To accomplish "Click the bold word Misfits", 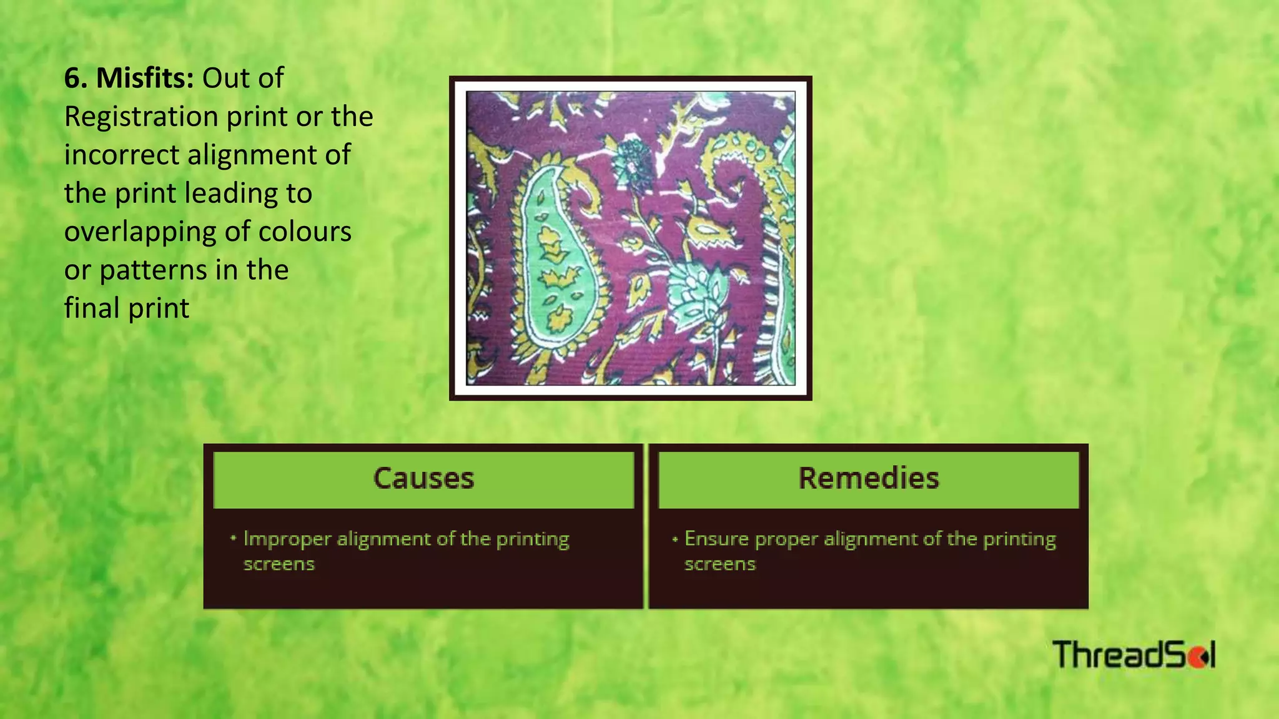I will click(x=144, y=79).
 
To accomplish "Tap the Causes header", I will click(x=423, y=479).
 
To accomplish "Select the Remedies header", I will click(x=868, y=479).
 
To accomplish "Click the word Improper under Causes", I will click(x=287, y=539).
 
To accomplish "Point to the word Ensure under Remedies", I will click(x=716, y=539).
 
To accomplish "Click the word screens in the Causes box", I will click(x=279, y=564).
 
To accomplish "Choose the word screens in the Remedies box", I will click(x=719, y=564).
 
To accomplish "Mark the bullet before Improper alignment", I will click(x=233, y=538).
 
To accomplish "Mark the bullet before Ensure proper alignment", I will click(x=674, y=539).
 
